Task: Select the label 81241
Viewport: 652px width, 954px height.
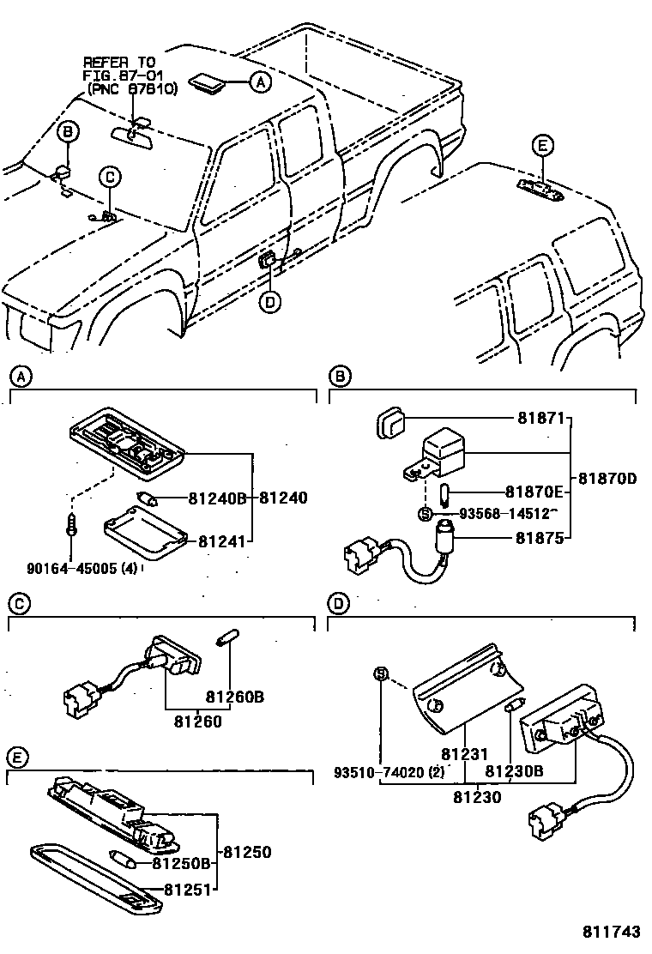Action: coord(221,541)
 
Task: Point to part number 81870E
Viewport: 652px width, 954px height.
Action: coord(534,492)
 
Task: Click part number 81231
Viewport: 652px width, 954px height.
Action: coord(465,755)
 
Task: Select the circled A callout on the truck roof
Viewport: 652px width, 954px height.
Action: coord(260,82)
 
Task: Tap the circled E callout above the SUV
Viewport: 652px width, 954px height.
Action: coord(542,146)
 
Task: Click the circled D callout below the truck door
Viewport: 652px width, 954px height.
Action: coord(270,301)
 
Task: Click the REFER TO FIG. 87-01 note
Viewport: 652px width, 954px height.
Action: coord(130,75)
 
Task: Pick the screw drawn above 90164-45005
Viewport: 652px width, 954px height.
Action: coord(72,524)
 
